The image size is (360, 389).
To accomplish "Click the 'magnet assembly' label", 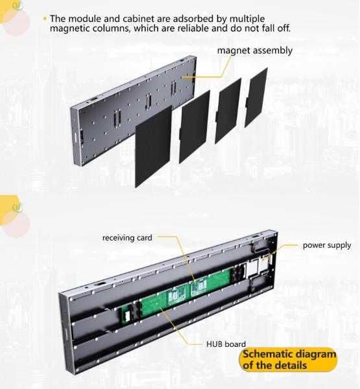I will coord(254,51).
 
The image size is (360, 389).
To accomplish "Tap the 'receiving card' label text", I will coord(127,238).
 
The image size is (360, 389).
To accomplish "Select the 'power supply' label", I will coord(327,245).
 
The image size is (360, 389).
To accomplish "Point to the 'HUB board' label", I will coord(225,344).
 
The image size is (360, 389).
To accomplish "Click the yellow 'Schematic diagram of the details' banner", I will coord(289,360).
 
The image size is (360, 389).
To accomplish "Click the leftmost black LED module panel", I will coord(153,139).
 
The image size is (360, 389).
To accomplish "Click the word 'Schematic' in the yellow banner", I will coord(267,355).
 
